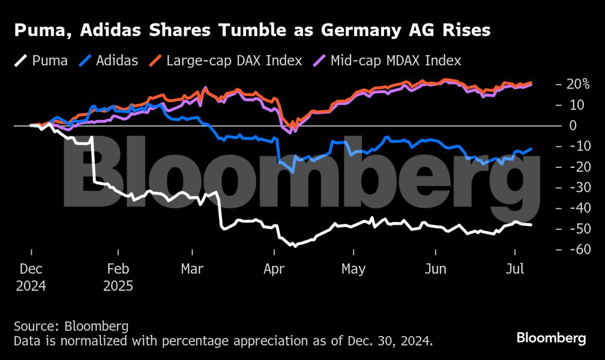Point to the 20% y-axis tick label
point(578,84)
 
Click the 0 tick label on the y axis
point(573,125)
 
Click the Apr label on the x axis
point(274,269)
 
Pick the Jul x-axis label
point(513,269)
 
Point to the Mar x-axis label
point(192,269)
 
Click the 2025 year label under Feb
point(118,285)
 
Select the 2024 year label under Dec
point(31,285)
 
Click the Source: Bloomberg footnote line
point(71,326)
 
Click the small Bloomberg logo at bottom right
point(551,338)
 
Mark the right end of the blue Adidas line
point(531,149)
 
